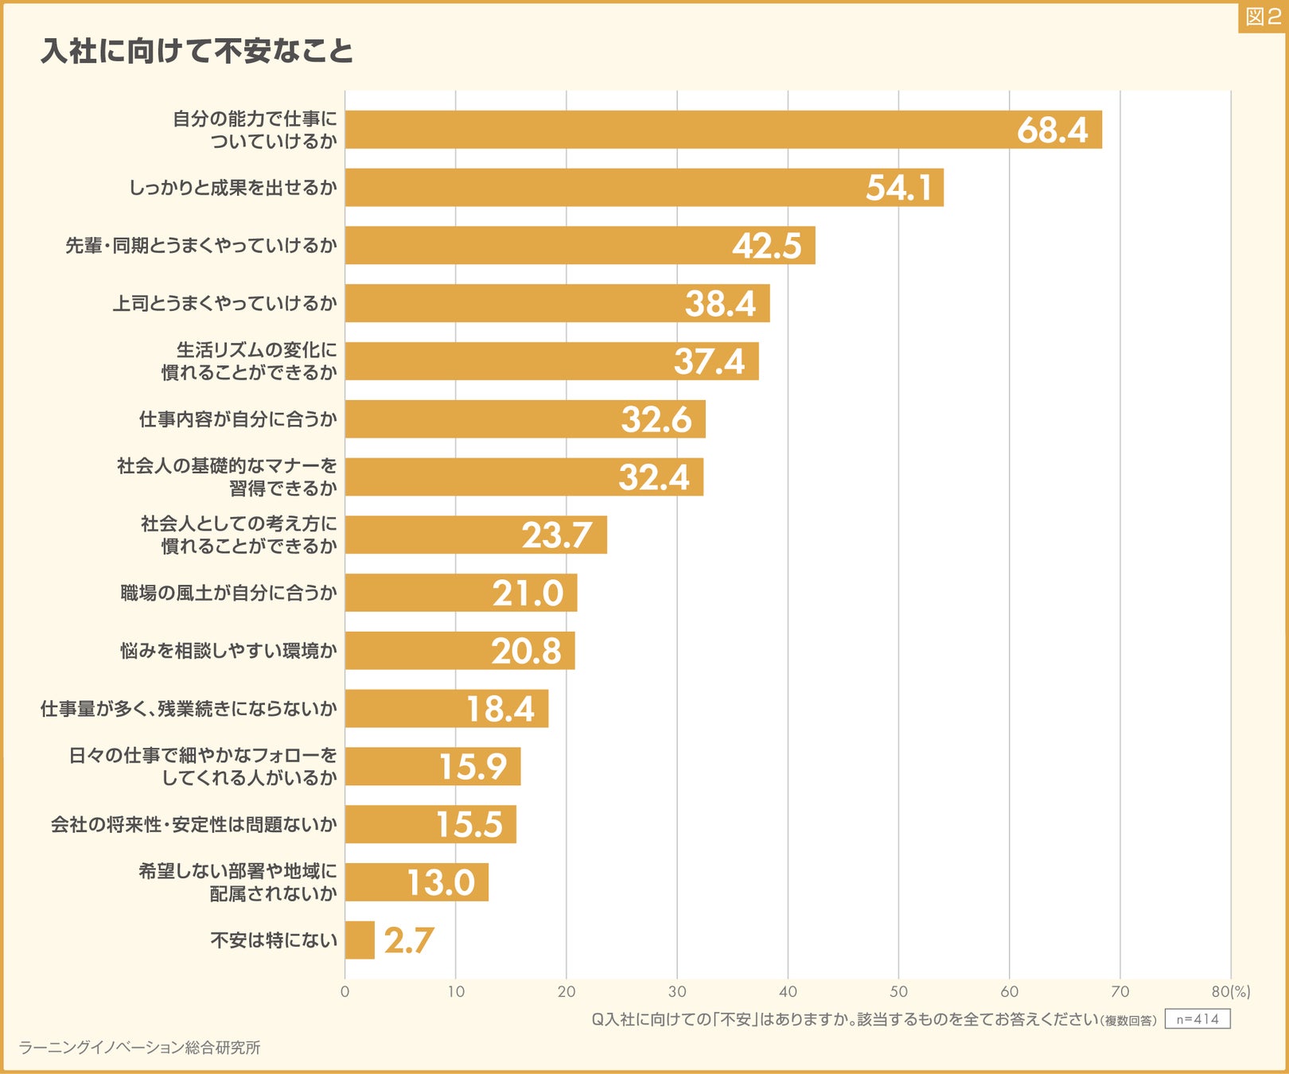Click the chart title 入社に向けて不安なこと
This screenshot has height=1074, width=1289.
[197, 51]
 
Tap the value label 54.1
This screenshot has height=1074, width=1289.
[898, 188]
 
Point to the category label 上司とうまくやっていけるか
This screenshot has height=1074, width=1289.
[225, 303]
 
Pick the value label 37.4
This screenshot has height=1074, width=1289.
[709, 361]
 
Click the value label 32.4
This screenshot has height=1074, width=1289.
[653, 477]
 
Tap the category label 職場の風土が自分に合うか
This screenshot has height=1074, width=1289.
[228, 593]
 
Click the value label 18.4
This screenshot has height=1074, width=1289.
[500, 709]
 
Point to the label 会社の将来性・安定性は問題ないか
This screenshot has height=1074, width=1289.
[193, 824]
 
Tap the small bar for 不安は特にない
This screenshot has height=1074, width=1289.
[360, 940]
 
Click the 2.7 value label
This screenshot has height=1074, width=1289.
[408, 940]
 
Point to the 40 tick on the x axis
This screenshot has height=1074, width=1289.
[788, 992]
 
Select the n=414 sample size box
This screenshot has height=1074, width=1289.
[1197, 1019]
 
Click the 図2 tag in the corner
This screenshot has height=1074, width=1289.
[1263, 17]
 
